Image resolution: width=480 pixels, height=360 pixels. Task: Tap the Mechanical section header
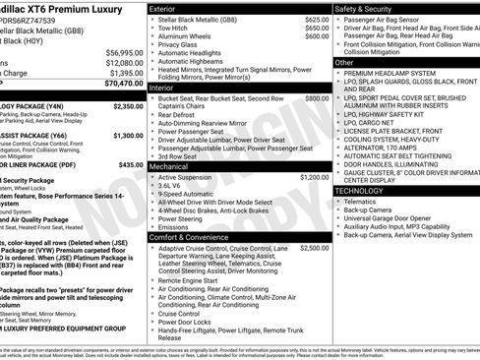coord(169,167)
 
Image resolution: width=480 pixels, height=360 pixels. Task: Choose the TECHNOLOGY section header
coord(366,189)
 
